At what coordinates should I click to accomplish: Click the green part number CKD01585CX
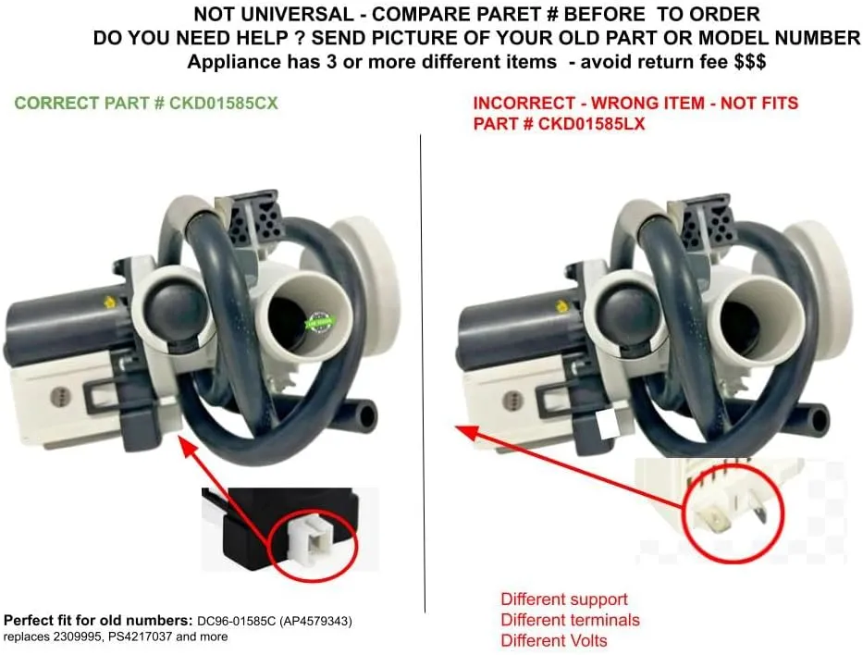tap(224, 103)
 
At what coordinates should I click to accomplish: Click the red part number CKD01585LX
tap(591, 123)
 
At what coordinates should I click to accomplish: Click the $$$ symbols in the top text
tap(749, 61)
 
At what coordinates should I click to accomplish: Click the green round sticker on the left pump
tap(319, 323)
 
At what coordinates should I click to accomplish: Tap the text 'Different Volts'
tap(554, 641)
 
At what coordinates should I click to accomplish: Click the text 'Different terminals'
tap(570, 620)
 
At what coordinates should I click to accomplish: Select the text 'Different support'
tap(564, 599)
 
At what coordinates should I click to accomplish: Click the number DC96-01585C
tap(237, 622)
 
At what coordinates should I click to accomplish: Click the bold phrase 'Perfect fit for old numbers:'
tap(98, 621)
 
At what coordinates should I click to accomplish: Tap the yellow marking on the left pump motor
tap(109, 302)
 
